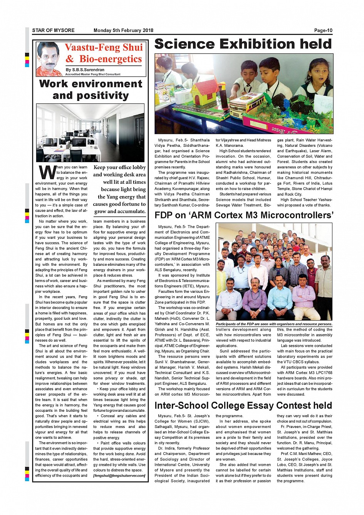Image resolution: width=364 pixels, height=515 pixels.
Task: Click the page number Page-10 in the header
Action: tap(323, 30)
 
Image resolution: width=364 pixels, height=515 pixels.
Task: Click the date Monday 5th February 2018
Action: tap(123, 30)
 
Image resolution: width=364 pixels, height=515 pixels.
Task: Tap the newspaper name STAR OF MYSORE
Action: tap(53, 30)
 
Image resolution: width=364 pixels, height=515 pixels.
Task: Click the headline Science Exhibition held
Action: tap(243, 44)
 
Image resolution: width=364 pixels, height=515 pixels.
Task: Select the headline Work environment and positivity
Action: tap(91, 89)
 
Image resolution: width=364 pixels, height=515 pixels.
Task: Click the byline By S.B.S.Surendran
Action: tap(85, 70)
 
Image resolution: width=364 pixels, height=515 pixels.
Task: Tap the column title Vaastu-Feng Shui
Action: tap(104, 47)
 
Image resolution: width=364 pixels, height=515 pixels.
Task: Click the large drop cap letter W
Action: tap(47, 173)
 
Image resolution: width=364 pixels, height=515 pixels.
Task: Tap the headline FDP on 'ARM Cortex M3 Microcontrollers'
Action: tap(243, 215)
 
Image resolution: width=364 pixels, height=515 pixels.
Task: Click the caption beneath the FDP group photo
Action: tap(274, 324)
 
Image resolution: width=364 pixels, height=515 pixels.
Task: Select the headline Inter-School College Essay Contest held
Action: tap(243, 405)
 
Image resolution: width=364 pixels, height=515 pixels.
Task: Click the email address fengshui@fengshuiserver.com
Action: tap(119, 475)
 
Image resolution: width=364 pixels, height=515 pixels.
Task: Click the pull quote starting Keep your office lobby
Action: tap(119, 189)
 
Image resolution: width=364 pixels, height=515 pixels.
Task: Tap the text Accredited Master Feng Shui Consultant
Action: tap(92, 74)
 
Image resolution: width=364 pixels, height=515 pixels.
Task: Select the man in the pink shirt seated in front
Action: tap(304, 297)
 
